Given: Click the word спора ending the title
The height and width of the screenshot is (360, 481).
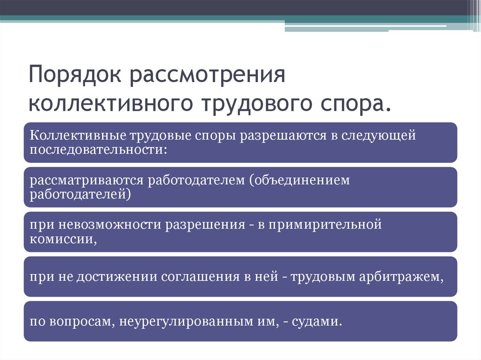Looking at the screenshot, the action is point(354,104).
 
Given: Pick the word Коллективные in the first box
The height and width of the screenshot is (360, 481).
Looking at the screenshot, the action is point(78,135).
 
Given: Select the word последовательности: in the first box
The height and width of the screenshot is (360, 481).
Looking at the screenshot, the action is point(99,150).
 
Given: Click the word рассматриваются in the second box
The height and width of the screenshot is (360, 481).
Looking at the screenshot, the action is point(86,181).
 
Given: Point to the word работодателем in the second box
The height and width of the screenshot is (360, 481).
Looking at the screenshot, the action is point(196,180).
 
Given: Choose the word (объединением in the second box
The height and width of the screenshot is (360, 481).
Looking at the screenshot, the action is point(300,180).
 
